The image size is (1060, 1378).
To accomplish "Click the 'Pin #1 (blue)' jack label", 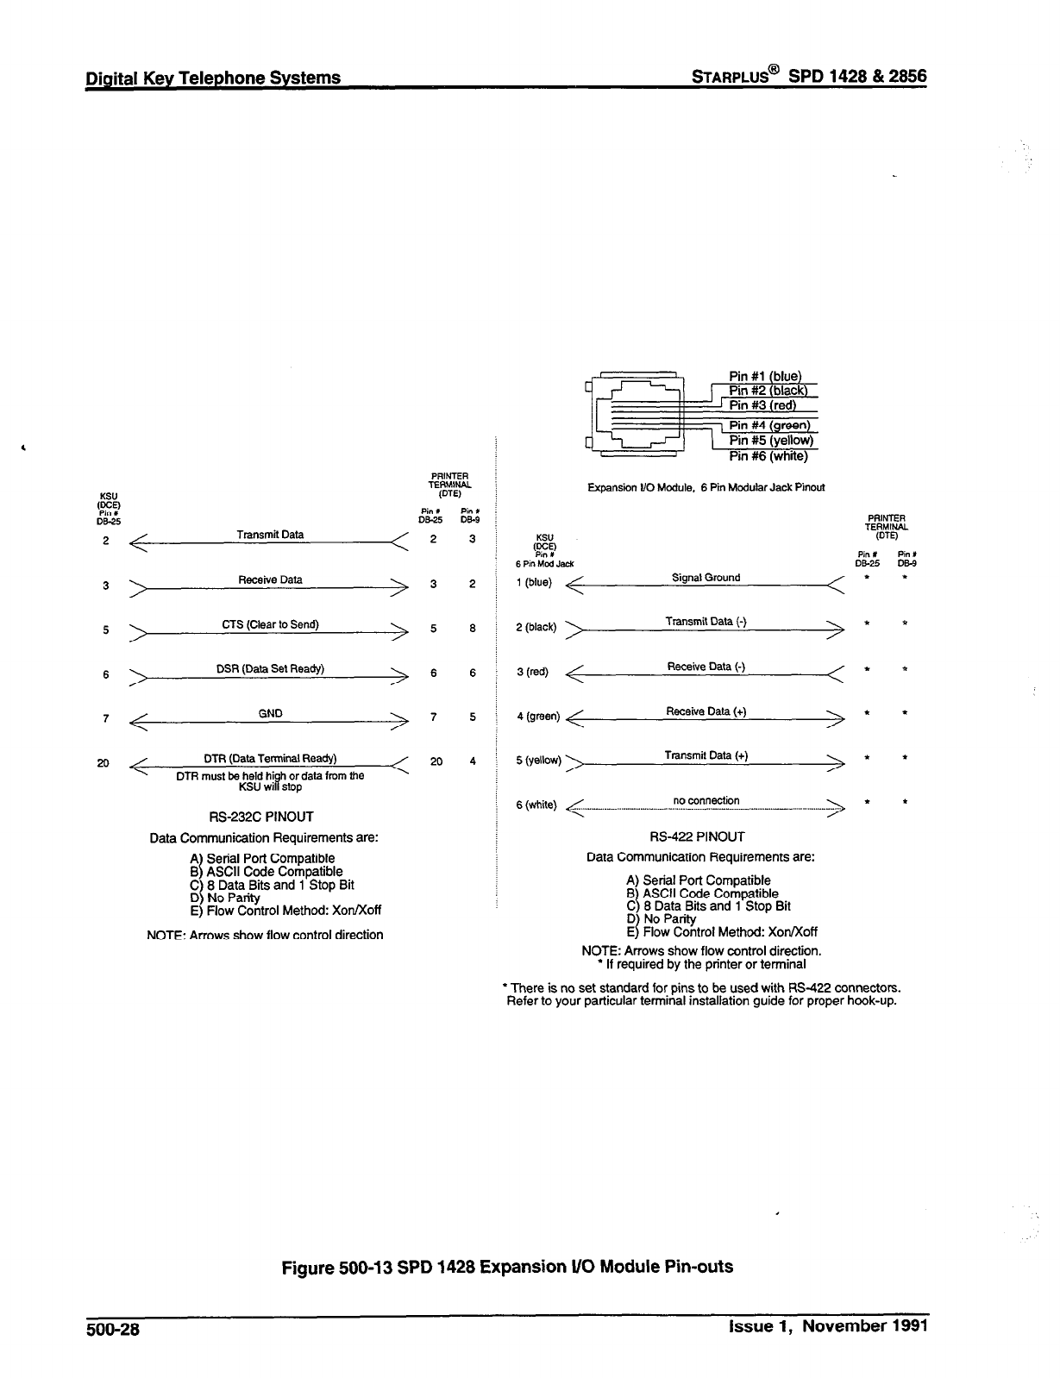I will pos(764,376).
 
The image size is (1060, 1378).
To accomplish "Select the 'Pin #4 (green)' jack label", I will pos(769,425).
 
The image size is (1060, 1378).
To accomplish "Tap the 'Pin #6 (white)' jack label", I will pos(768,456).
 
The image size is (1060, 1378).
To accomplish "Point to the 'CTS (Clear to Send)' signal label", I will pos(270,624).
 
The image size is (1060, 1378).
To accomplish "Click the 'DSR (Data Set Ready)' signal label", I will pos(270,669).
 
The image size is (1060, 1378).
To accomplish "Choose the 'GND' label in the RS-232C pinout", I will pos(270,713).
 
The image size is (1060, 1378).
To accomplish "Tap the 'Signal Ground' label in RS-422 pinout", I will pos(706,578).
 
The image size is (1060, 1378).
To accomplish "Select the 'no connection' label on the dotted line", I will pos(706,800).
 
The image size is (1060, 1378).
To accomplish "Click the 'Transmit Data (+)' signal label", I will pos(706,755).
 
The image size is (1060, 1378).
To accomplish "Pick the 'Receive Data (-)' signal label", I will pos(706,667).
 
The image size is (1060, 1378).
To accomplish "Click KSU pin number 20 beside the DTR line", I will pos(103,762).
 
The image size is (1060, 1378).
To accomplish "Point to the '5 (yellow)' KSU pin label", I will pos(538,761).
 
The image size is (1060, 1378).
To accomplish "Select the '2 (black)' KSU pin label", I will pos(536,627).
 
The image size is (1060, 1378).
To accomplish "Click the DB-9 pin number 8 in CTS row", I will pos(473,629).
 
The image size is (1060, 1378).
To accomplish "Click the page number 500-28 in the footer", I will pos(112,1329).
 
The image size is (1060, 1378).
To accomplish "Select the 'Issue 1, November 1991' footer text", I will pos(827,1326).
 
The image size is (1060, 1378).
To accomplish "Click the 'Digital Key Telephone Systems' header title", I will pos(213,78).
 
